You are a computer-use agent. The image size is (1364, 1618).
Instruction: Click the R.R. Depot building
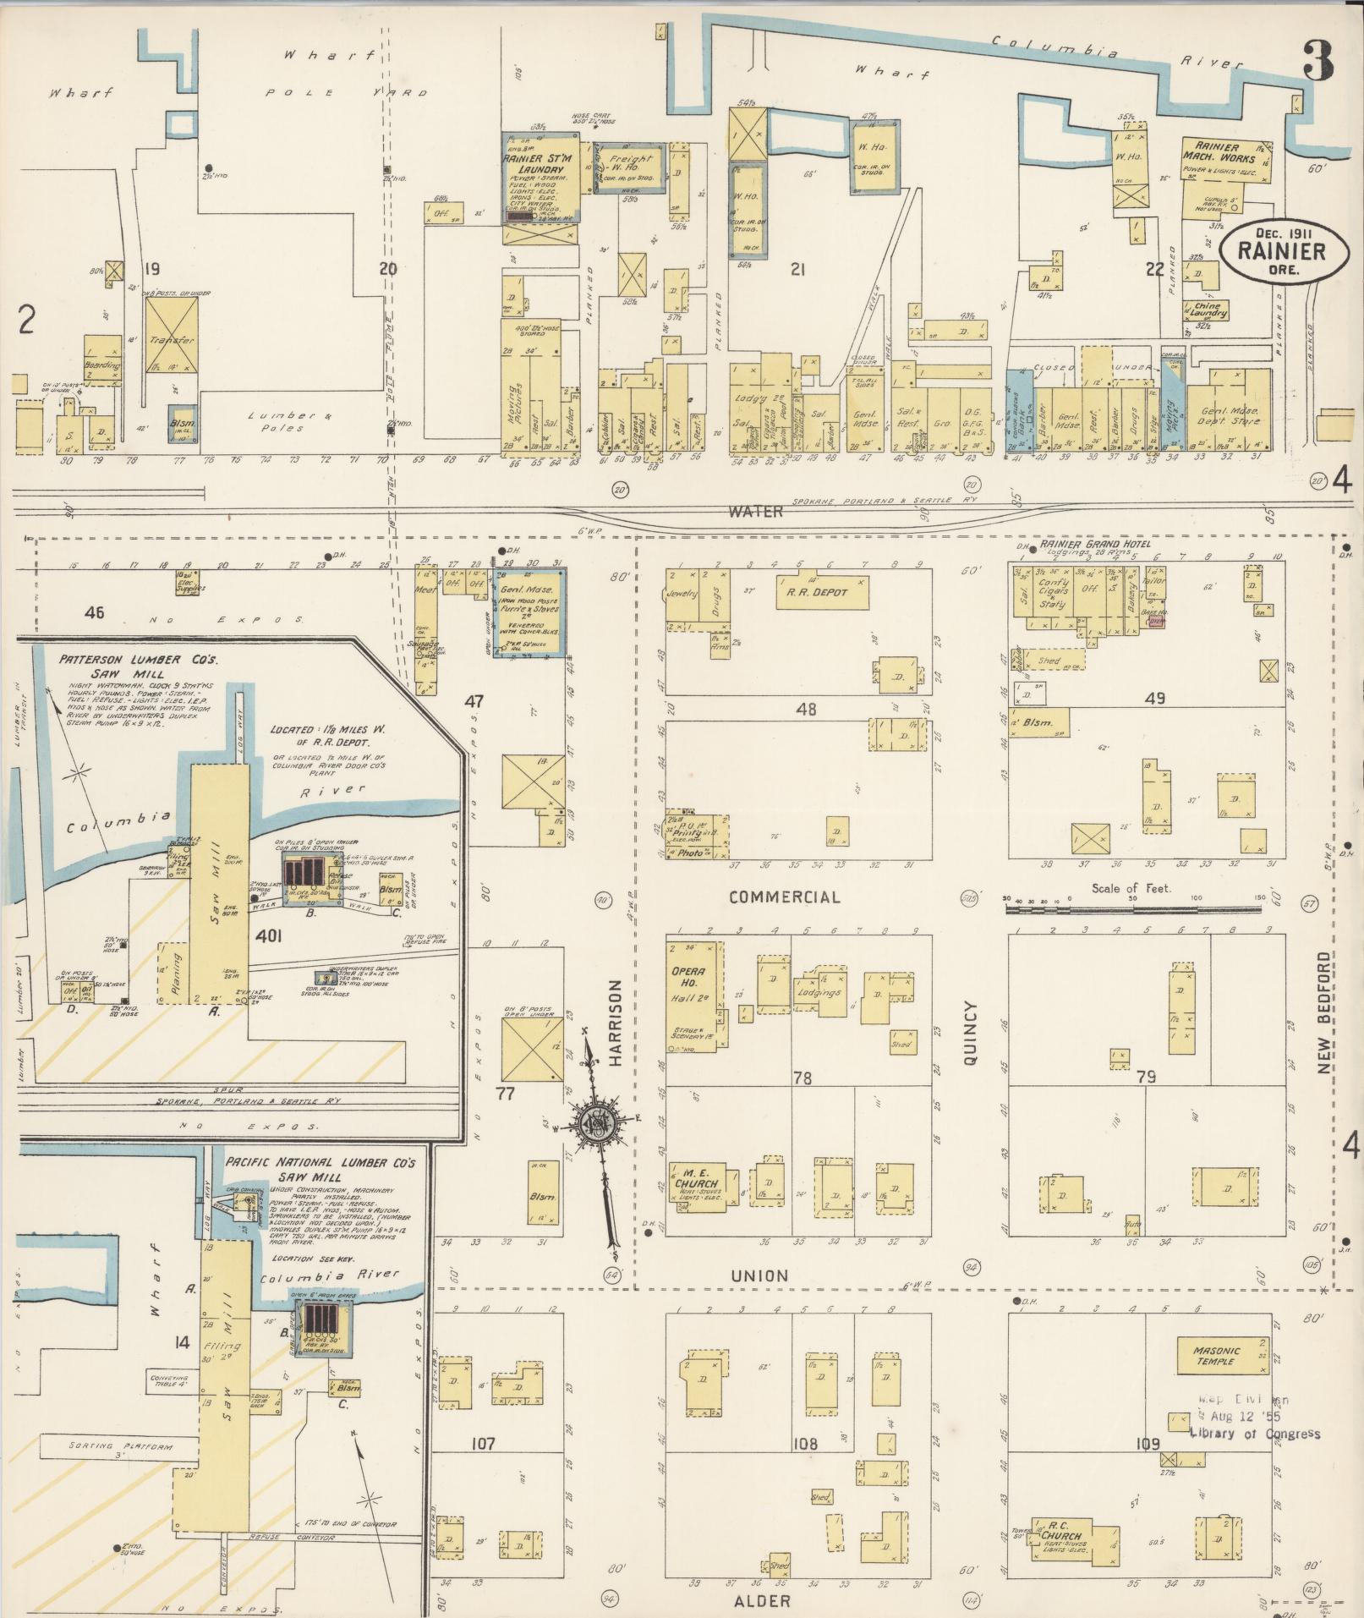click(x=823, y=592)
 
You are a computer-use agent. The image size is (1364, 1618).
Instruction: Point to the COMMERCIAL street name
click(x=786, y=897)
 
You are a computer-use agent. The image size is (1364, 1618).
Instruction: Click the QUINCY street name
click(x=970, y=1033)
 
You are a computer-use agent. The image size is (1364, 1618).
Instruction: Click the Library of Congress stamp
click(x=1256, y=1422)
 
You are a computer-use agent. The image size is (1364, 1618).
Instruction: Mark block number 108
click(x=805, y=1444)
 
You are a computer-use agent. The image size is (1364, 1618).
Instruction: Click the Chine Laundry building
click(x=1207, y=312)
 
